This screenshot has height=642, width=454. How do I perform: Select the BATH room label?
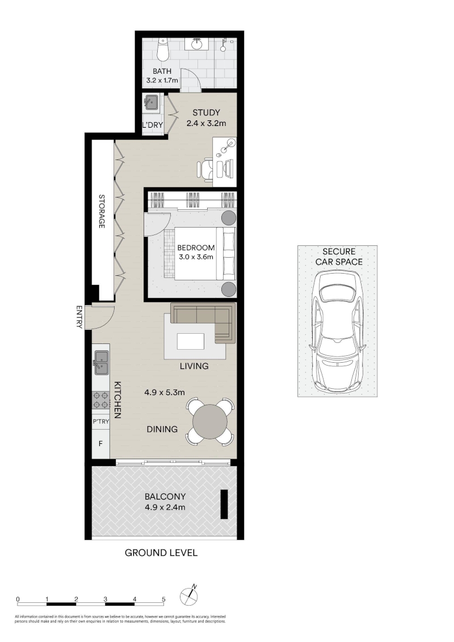[x=162, y=72]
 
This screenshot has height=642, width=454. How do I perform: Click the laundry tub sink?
[x=152, y=102]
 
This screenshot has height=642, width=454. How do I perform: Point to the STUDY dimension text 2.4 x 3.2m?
[x=207, y=123]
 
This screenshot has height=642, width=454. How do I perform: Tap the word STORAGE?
[x=102, y=211]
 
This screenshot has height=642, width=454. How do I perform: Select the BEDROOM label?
[x=196, y=247]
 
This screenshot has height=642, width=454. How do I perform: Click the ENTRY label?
[x=79, y=317]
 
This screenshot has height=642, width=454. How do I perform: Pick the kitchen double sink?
[x=102, y=362]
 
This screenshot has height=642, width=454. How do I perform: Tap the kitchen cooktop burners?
[x=101, y=400]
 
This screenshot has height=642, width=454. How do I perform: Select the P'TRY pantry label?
[x=100, y=421]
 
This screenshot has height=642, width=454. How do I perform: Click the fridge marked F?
[x=100, y=443]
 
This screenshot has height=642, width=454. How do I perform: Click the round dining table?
[x=210, y=422]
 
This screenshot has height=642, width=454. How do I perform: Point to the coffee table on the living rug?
[x=190, y=341]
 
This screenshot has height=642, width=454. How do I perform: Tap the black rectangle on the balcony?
[x=224, y=505]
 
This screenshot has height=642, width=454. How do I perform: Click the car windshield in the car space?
[x=338, y=293]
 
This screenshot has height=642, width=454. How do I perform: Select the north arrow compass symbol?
[x=189, y=595]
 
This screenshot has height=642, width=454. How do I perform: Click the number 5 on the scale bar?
[x=164, y=599]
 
